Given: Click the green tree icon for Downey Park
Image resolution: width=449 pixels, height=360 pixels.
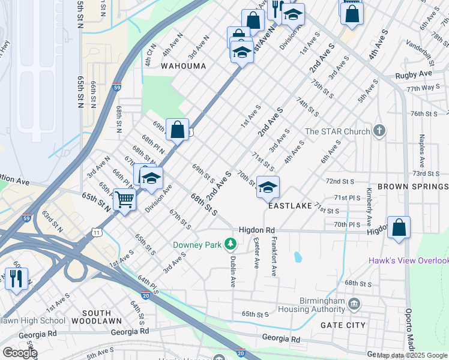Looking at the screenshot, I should point(229,244).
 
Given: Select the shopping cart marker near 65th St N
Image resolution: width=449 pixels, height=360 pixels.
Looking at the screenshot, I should point(125,199).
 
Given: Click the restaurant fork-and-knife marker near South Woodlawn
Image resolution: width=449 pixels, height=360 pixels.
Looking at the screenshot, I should point(16,278).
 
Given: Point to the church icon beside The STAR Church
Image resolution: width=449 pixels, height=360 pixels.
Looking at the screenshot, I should point(378,131).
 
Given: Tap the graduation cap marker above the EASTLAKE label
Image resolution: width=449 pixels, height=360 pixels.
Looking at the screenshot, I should point(268,187).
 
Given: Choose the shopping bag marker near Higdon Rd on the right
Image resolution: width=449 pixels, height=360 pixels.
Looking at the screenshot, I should point(399,228).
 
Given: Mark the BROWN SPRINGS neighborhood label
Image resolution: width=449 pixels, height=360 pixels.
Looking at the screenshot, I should point(412,187).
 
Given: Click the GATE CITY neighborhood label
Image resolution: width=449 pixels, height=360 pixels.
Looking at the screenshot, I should point(343,325).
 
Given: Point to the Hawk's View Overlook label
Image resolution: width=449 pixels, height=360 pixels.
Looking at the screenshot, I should point(408,260).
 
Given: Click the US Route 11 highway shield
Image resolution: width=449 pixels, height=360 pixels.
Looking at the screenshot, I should point(97,232).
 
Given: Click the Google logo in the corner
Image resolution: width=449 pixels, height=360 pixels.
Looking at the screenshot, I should point(20,353).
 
